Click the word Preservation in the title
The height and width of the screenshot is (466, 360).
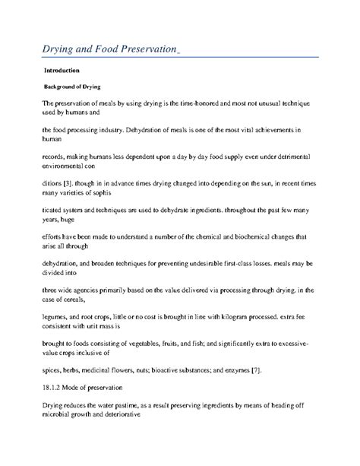[x=134, y=51]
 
